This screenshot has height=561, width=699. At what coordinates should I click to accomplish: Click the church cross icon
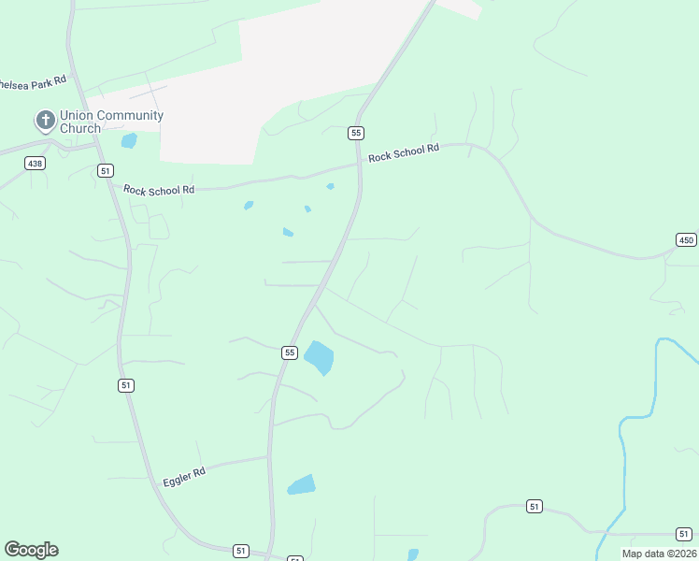[44, 120]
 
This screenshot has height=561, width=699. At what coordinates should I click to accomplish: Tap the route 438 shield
[35, 163]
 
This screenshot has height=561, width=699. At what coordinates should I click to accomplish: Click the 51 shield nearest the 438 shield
[105, 169]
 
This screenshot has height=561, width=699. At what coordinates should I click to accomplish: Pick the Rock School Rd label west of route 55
[159, 190]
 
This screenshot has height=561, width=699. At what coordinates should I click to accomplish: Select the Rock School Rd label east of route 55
[404, 153]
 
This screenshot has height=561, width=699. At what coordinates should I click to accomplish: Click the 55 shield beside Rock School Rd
[356, 133]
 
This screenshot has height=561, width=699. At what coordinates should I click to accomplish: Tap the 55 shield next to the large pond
[290, 352]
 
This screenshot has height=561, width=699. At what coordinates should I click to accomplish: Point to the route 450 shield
[687, 240]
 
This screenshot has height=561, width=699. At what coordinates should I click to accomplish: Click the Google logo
[31, 550]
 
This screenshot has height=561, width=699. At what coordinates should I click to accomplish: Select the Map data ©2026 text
[658, 554]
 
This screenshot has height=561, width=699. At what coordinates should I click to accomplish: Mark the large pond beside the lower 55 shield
[319, 356]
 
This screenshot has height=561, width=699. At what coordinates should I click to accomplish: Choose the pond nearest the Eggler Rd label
[302, 484]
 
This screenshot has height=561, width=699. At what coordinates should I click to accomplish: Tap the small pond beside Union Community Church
[129, 141]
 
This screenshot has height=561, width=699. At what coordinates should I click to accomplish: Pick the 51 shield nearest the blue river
[534, 506]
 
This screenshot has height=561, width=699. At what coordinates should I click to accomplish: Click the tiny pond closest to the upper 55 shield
[330, 186]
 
